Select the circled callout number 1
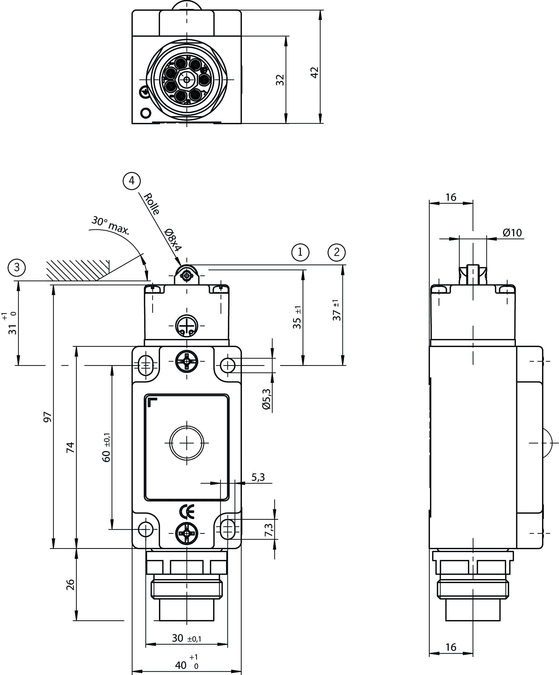point(300,252)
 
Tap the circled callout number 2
point(336,252)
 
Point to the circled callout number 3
point(17,267)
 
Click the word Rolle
point(152,204)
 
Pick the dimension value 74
point(70,447)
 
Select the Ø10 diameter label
point(512,232)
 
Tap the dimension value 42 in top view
point(314,72)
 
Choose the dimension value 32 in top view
point(280,80)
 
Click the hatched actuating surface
point(77,269)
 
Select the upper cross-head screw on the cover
point(187,361)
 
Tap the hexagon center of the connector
point(187,79)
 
